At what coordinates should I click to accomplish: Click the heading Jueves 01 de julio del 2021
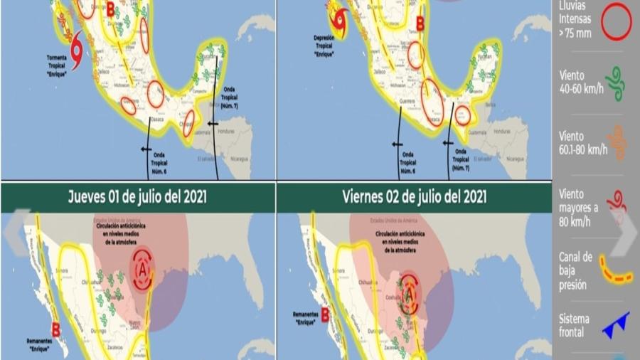pos(137,197)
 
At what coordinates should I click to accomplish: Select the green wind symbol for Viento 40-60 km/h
pos(616,84)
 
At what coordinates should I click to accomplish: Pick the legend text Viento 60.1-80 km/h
pos(582,143)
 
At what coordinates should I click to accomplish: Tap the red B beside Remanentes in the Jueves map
pos(55,329)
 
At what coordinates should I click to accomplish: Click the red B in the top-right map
pos(420,23)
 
